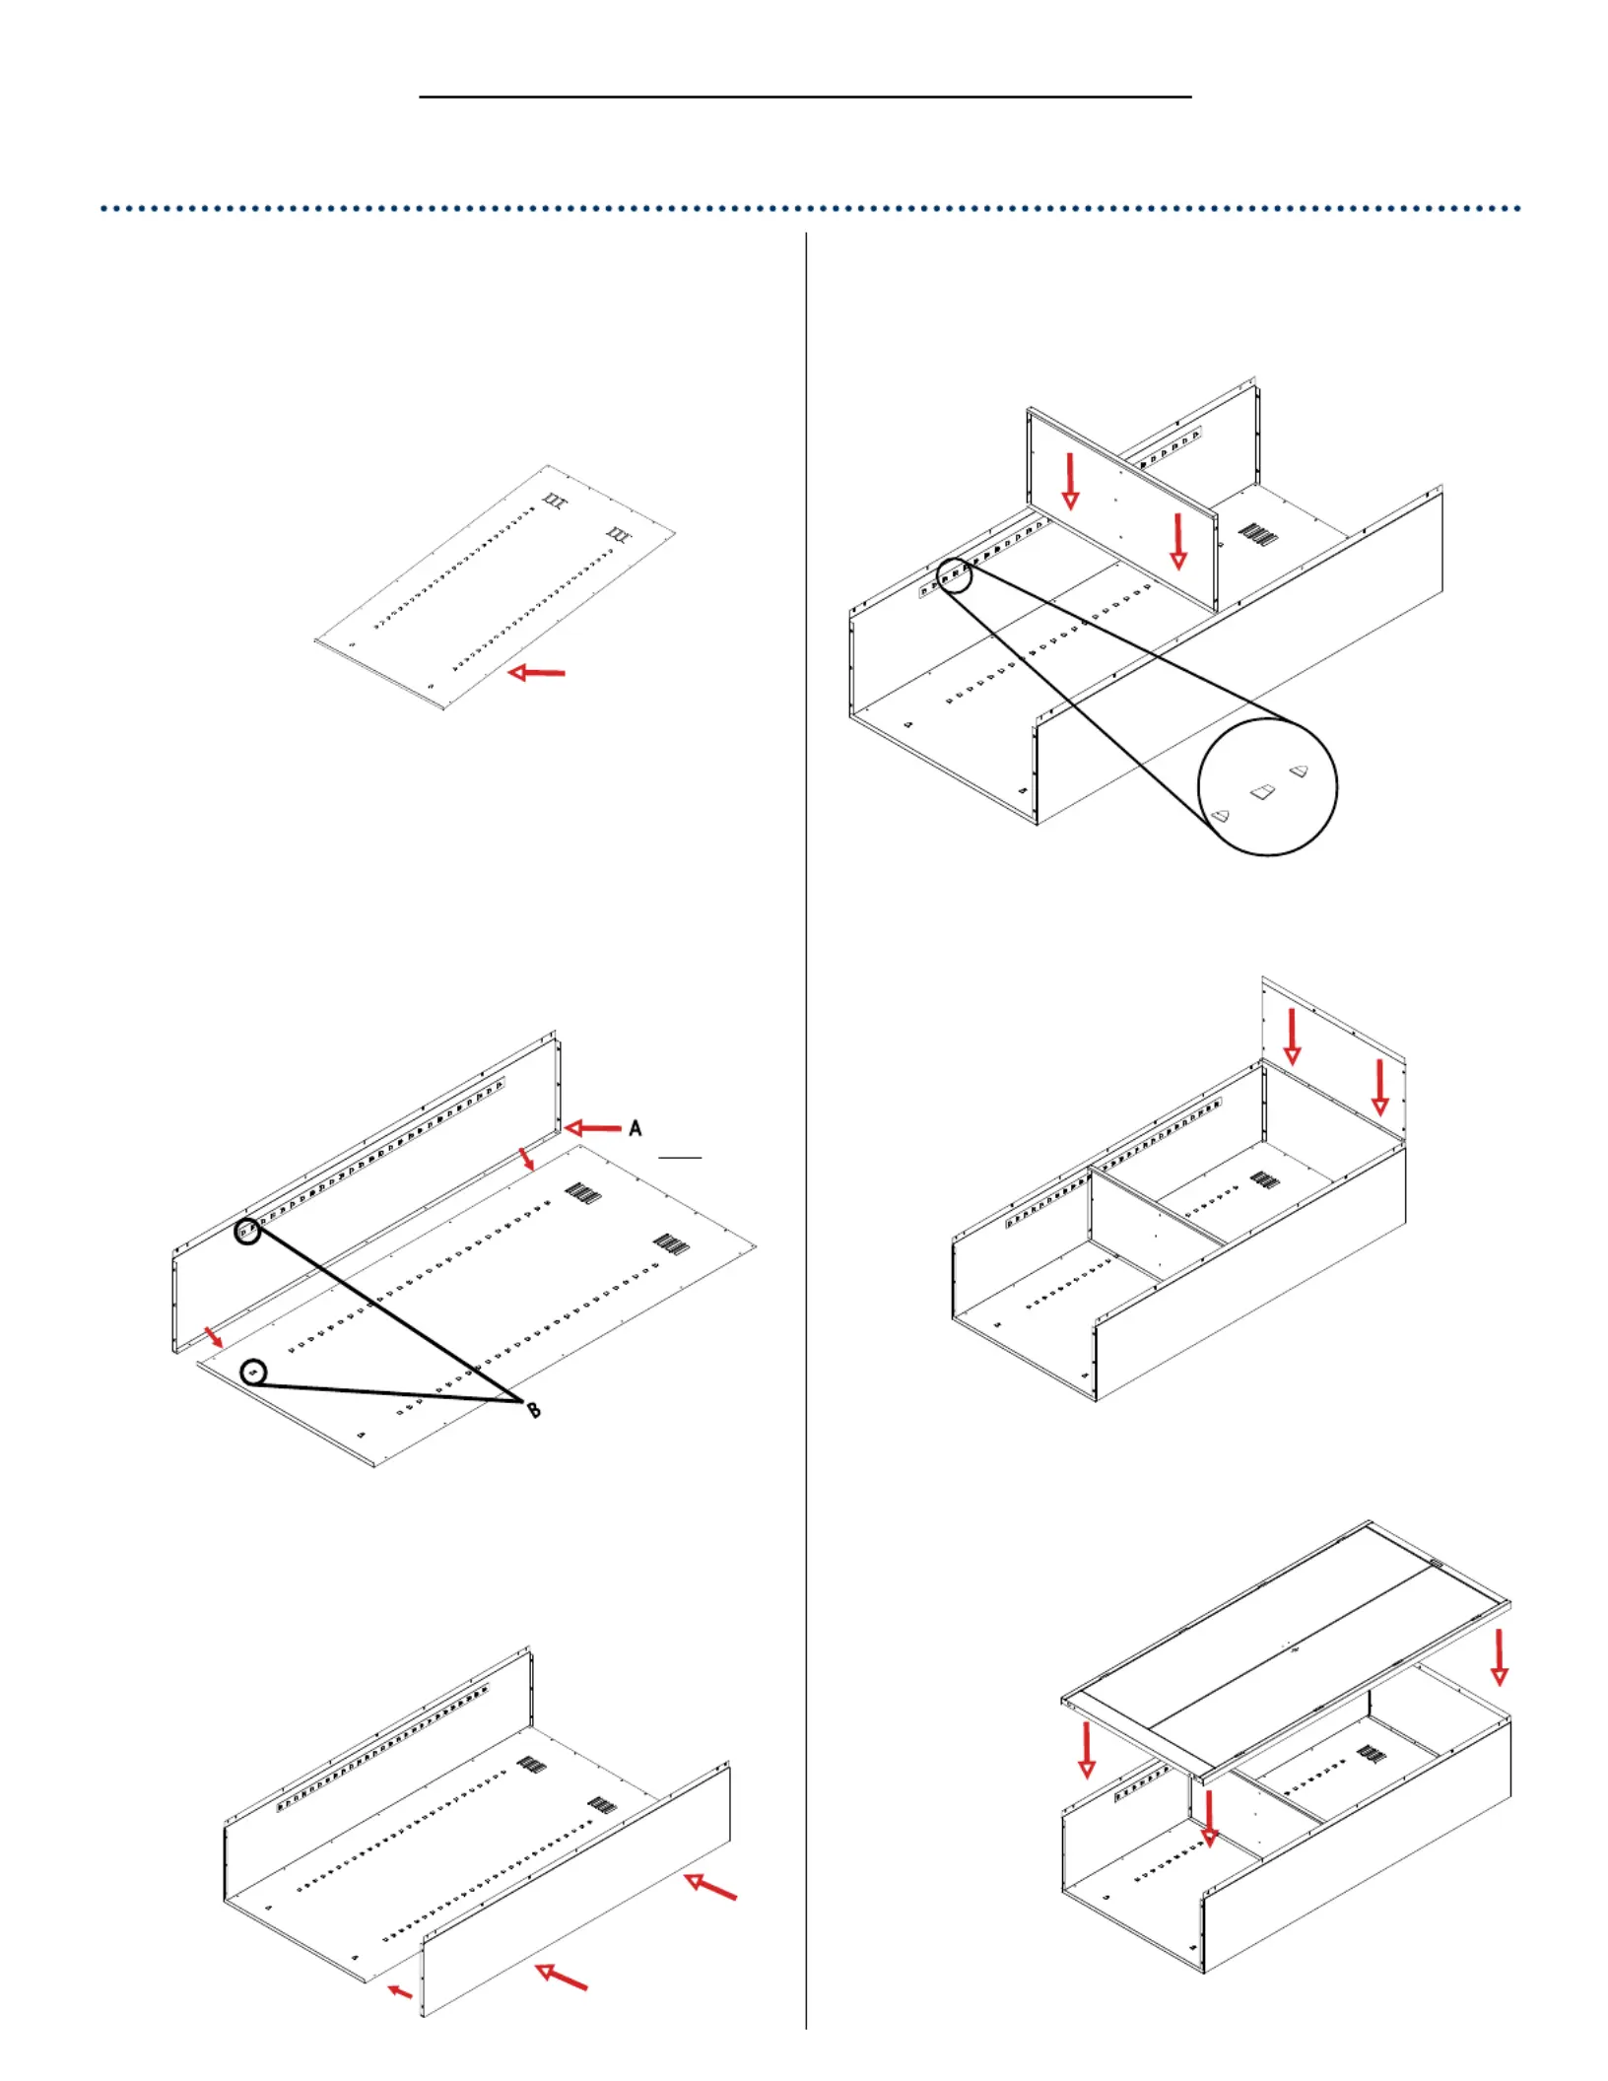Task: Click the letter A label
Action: point(636,1128)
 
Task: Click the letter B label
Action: point(533,1411)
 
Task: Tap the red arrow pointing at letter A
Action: point(593,1128)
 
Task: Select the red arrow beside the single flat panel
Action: point(537,673)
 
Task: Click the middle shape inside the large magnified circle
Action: point(1262,791)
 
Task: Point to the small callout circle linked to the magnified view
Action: point(954,574)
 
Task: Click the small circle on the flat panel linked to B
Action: point(254,1372)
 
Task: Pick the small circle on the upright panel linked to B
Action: point(248,1230)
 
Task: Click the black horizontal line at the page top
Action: point(805,97)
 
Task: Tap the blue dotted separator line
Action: point(810,209)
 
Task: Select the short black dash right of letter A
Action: point(680,1157)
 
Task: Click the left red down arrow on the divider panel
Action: point(1070,482)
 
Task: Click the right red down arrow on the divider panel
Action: point(1178,541)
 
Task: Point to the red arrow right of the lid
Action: point(1500,1657)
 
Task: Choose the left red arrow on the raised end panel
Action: point(1292,1038)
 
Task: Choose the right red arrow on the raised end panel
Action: point(1380,1087)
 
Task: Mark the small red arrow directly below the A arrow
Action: point(529,1159)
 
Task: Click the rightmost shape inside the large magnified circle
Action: point(1299,771)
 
